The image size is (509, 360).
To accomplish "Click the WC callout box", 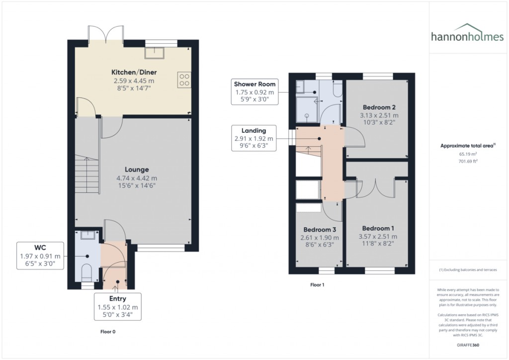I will click(40, 256).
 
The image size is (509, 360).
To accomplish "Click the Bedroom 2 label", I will click(379, 107).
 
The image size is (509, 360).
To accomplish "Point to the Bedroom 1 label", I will click(379, 228).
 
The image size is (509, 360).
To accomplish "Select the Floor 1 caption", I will click(317, 285).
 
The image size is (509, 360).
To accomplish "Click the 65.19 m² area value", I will click(467, 154).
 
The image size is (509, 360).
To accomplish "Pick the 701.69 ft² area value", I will click(467, 161).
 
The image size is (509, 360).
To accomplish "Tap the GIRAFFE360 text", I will click(467, 345).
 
